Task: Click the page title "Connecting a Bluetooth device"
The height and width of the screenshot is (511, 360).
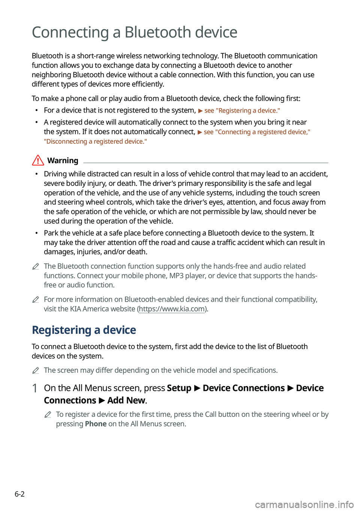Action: [x=134, y=33]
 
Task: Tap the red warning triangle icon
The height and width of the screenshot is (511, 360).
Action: [x=38, y=161]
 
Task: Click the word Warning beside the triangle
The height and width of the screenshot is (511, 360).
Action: [x=63, y=161]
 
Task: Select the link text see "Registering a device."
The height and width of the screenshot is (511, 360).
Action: [x=242, y=111]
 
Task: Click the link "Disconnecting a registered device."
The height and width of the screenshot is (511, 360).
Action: [x=95, y=141]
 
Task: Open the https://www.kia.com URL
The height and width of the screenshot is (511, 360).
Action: [x=172, y=309]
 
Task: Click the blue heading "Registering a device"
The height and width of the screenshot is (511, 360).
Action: [x=84, y=330]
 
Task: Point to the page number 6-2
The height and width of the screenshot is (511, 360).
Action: [x=19, y=494]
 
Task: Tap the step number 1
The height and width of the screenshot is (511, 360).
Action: [x=34, y=388]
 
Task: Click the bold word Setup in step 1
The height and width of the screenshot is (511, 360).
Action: [x=179, y=388]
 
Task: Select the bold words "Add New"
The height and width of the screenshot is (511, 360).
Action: [x=126, y=401]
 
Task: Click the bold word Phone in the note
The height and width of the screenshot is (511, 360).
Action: [x=96, y=424]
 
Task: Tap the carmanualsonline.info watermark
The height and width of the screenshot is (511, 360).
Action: [x=304, y=505]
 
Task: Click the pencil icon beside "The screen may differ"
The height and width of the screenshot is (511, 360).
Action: [x=36, y=371]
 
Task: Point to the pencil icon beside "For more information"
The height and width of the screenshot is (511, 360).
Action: [x=36, y=300]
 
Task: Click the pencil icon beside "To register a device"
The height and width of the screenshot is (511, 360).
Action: [x=48, y=415]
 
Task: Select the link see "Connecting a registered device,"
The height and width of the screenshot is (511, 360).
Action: [x=257, y=132]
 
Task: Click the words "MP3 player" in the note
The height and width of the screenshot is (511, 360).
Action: [x=187, y=276]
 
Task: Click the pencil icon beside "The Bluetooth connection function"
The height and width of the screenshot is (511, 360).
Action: [x=36, y=267]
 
